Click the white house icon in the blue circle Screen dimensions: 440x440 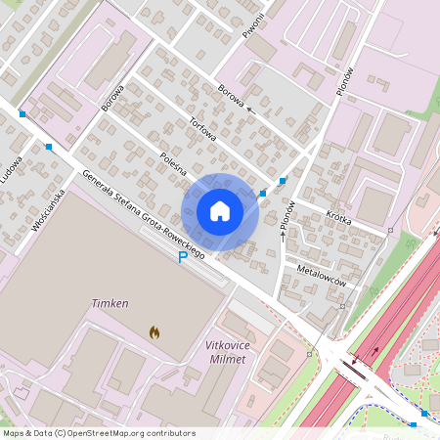(220, 211)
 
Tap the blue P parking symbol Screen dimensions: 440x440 (182, 257)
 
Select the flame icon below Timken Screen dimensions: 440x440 (154, 332)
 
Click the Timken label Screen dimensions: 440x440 (110, 304)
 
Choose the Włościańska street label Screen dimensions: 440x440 (47, 209)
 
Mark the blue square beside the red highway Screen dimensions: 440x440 (424, 414)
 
